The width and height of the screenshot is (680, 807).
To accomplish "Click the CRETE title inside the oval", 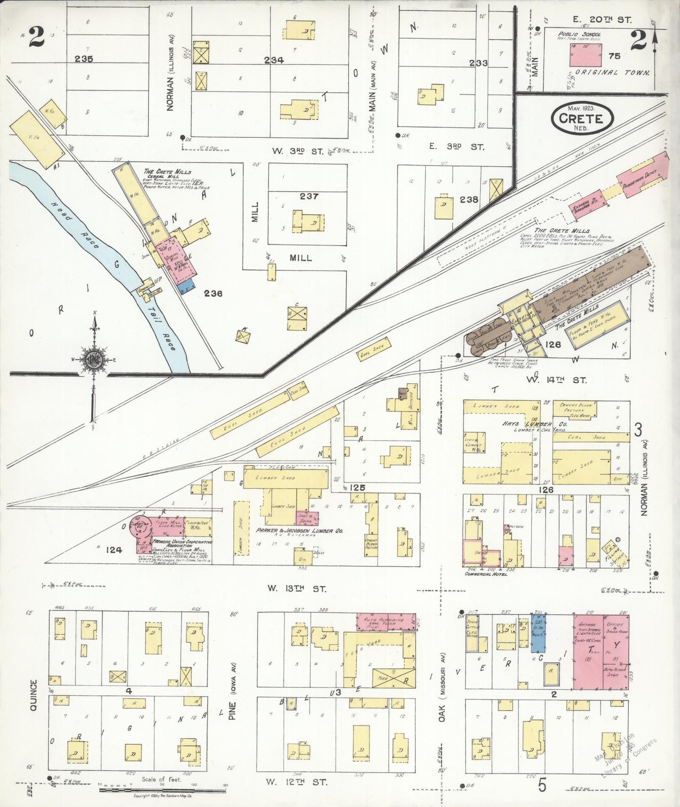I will click(x=581, y=118).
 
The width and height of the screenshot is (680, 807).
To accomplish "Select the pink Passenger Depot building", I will click(x=643, y=173).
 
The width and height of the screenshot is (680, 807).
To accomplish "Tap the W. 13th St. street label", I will click(x=296, y=588).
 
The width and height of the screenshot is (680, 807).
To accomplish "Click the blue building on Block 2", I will click(x=538, y=633).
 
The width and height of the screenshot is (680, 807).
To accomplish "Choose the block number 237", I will click(x=309, y=196).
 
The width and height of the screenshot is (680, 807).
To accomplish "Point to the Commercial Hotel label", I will click(x=486, y=574).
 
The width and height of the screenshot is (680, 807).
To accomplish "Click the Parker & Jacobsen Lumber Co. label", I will click(x=299, y=531).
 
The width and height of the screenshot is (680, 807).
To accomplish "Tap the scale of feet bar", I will click(x=162, y=790).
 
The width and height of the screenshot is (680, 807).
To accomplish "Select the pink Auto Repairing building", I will click(x=386, y=621).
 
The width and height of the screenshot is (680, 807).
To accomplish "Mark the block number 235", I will click(x=83, y=59).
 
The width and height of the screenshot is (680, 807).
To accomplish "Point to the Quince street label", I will click(x=33, y=695).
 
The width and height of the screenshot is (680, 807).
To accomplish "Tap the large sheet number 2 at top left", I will click(x=36, y=37).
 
